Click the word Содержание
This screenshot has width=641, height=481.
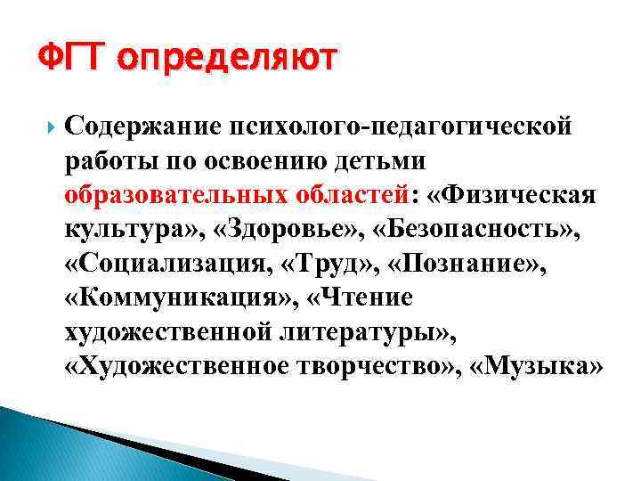(134, 126)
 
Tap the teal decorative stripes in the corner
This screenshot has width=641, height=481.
(53, 445)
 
